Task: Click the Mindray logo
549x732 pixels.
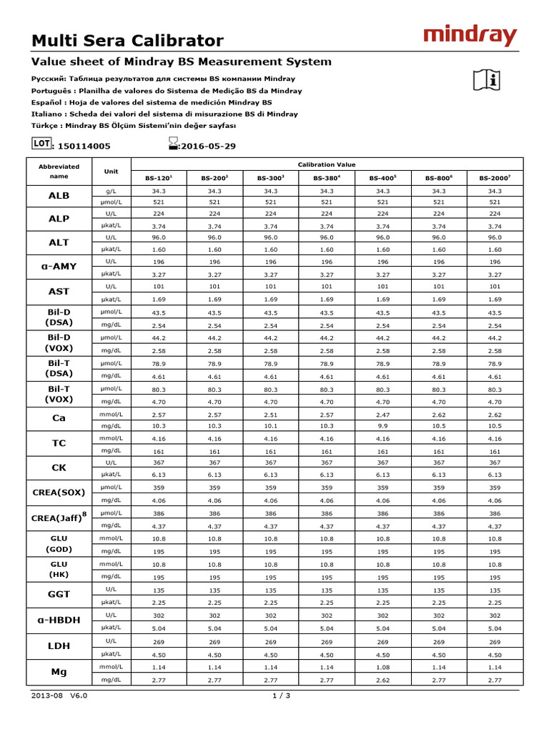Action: click(469, 35)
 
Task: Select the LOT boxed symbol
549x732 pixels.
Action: click(41, 143)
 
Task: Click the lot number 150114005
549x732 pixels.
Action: click(84, 146)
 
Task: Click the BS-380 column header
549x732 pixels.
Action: click(327, 178)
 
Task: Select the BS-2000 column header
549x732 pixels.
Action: click(494, 178)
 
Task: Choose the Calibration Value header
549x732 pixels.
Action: click(327, 164)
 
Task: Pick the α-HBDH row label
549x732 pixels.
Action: click(59, 620)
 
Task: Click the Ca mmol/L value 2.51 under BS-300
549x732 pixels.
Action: click(270, 415)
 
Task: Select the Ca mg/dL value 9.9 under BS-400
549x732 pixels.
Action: click(382, 427)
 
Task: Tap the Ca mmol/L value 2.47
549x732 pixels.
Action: click(382, 415)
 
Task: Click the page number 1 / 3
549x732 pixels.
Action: click(280, 696)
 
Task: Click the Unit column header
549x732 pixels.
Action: click(112, 172)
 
